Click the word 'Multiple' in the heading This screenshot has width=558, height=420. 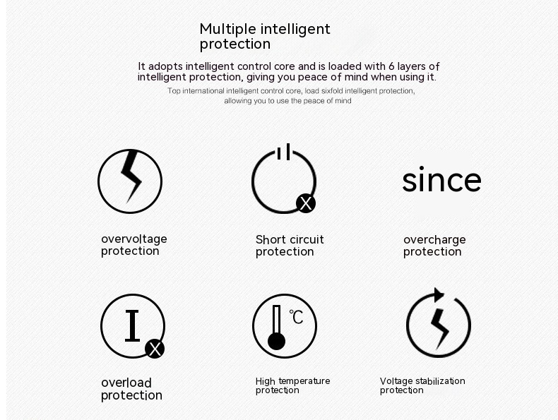[227, 29]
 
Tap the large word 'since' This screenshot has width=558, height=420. [441, 179]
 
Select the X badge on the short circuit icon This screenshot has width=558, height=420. [306, 203]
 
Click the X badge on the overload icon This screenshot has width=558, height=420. [155, 349]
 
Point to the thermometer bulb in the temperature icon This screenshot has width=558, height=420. [276, 342]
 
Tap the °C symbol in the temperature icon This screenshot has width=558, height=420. [296, 316]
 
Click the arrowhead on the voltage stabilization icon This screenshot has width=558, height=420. [439, 295]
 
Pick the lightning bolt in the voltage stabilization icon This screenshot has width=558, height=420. [439, 329]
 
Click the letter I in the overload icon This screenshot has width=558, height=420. [132, 325]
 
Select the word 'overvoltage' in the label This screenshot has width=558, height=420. [134, 239]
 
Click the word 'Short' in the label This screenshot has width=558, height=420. [271, 239]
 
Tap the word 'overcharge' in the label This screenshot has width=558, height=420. [434, 240]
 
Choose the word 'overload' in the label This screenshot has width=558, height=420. [126, 383]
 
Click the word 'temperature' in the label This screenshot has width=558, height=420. [304, 381]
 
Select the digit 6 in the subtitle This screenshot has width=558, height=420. [391, 66]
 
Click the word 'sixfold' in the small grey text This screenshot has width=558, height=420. [332, 91]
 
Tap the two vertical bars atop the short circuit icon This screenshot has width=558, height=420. [284, 152]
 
